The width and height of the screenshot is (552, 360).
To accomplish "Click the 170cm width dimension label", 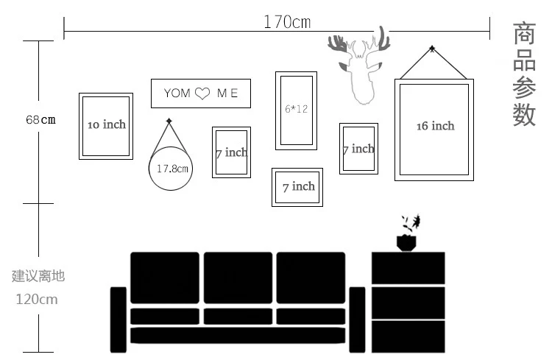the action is tap(287, 22).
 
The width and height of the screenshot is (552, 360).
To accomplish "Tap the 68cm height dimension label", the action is tap(40, 120).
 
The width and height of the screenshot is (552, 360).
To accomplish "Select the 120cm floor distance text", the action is tap(37, 300).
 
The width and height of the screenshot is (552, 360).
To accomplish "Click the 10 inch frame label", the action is tap(107, 124).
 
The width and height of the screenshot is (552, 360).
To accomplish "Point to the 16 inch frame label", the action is tap(436, 126).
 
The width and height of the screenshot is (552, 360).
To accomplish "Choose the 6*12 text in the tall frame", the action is tap(296, 109).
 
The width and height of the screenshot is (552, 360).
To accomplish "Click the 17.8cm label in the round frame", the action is tap(172, 169).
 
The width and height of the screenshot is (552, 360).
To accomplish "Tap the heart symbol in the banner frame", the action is tap(202, 93).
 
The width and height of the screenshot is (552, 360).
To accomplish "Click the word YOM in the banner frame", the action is tap(177, 93).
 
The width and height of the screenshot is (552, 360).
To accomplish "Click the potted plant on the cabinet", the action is tap(407, 233).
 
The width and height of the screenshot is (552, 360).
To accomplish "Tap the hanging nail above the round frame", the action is tap(169, 121).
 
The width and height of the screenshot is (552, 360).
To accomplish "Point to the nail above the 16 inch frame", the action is tap(432, 49).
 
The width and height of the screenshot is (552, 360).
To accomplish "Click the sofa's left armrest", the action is tap(118, 320).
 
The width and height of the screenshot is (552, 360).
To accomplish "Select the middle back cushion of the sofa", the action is tap(238, 278).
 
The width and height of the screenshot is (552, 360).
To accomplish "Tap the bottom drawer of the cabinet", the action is tap(408, 336).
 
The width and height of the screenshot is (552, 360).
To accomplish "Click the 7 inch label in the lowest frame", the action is tap(299, 186).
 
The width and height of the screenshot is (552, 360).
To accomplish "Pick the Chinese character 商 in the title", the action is tap(524, 33).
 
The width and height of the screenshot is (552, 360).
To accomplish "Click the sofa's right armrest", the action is tap(357, 320).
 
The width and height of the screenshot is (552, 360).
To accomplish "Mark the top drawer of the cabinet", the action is tap(408, 268).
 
